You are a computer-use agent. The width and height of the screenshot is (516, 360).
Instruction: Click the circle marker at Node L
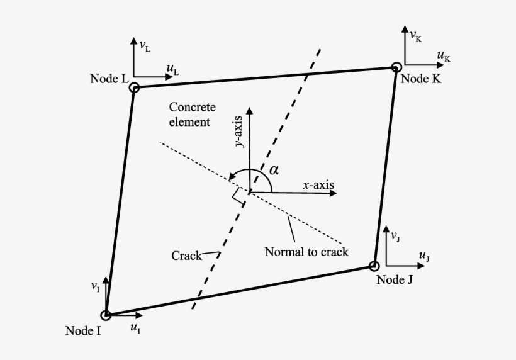(134, 88)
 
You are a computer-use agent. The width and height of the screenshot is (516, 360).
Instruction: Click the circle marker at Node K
(396, 67)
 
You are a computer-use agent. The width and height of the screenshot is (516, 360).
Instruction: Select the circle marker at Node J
(374, 266)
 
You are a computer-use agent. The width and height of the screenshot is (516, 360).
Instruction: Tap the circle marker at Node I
(106, 315)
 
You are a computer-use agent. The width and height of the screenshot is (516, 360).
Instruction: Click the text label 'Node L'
(109, 78)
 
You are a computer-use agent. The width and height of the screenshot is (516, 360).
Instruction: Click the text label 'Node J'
(395, 279)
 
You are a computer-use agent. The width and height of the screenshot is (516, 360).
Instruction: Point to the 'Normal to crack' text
(306, 252)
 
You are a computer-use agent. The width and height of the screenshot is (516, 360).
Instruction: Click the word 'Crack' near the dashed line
(186, 256)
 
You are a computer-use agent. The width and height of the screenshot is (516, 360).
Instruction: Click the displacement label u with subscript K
(443, 57)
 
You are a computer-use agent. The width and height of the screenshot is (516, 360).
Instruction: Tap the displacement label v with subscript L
(145, 46)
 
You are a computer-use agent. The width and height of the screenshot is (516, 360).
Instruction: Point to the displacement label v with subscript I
(95, 288)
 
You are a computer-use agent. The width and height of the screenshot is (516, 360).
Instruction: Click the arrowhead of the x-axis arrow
(333, 192)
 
